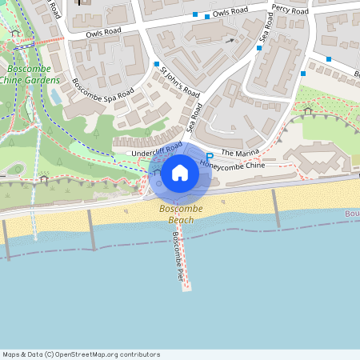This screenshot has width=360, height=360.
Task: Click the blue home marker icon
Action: click(x=180, y=172)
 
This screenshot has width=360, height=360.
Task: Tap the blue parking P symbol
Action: click(x=210, y=157)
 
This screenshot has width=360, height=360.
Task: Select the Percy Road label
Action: click(x=290, y=11)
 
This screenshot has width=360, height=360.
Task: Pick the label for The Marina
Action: click(x=239, y=153)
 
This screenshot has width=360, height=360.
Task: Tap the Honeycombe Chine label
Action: click(x=232, y=165)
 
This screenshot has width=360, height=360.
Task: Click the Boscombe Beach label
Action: click(x=181, y=214)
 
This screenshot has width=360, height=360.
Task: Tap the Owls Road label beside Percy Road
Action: click(x=233, y=14)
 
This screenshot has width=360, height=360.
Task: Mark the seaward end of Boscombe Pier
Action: click(x=186, y=286)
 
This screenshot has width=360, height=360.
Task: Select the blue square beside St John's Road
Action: click(x=157, y=64)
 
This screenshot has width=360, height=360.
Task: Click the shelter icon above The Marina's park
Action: click(x=308, y=111)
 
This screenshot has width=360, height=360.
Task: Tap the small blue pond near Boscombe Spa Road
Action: click(x=54, y=96)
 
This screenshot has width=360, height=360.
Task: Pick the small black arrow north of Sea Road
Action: click(x=231, y=39)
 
